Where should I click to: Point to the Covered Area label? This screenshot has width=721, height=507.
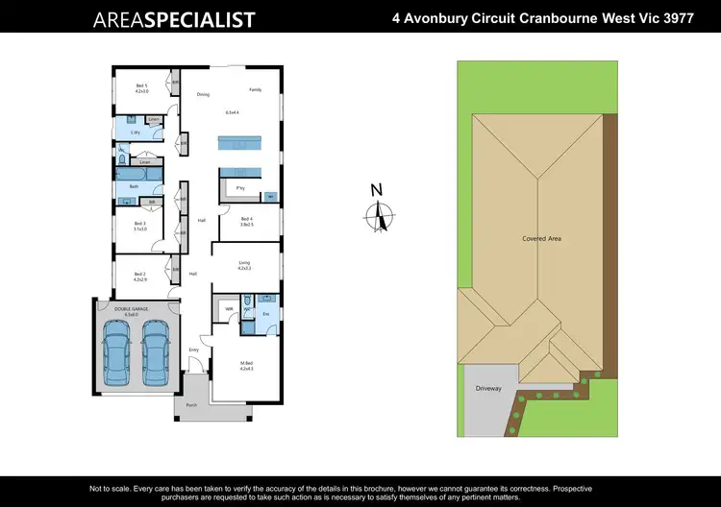coord(541,238)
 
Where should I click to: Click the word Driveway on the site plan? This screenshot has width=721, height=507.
coord(488,389)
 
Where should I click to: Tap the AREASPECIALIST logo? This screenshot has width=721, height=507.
coord(173,19)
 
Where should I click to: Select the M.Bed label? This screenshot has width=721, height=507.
coord(246,364)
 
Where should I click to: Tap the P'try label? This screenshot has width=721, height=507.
coord(240,188)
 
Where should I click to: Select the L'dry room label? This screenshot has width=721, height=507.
coord(122,132)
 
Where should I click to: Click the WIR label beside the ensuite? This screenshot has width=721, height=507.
coord(229,308)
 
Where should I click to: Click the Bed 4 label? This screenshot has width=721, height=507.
coord(246,220)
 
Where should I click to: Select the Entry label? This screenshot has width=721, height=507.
coord(193,350)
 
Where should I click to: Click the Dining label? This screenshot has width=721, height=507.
coord(203,94)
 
